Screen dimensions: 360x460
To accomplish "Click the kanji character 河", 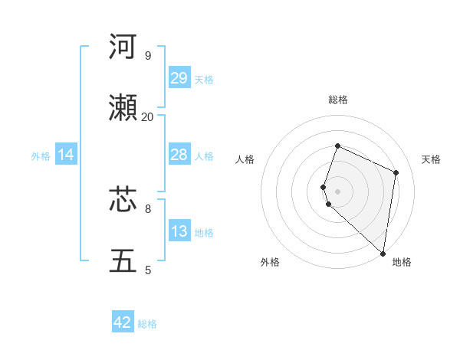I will pyautogui.click(x=123, y=47).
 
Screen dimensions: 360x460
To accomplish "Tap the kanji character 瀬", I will pyautogui.click(x=123, y=109).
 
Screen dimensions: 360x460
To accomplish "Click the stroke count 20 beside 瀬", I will pyautogui.click(x=148, y=116).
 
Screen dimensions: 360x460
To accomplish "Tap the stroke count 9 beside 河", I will pyautogui.click(x=148, y=55).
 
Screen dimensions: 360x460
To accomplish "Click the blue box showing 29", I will pyautogui.click(x=179, y=78).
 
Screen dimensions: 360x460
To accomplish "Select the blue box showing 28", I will pyautogui.click(x=179, y=155).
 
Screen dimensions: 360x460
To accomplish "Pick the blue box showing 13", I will pyautogui.click(x=179, y=231).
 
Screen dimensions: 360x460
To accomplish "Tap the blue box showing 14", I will pyautogui.click(x=66, y=155).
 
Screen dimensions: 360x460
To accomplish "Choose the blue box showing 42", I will pyautogui.click(x=123, y=322).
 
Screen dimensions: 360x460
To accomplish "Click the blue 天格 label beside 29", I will pyautogui.click(x=204, y=79).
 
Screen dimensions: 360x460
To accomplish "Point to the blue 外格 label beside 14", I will pyautogui.click(x=41, y=155).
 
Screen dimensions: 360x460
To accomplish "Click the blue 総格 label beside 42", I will pyautogui.click(x=147, y=323).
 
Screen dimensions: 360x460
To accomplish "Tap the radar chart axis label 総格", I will pyautogui.click(x=338, y=100).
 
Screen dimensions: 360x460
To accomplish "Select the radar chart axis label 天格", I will pyautogui.click(x=431, y=159).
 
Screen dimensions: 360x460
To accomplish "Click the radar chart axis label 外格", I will pyautogui.click(x=270, y=262).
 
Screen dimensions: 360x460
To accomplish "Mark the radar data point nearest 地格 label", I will pyautogui.click(x=383, y=253).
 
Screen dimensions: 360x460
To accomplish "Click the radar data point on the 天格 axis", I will pyautogui.click(x=396, y=172).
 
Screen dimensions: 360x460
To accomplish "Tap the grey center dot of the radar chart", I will pyautogui.click(x=338, y=191).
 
